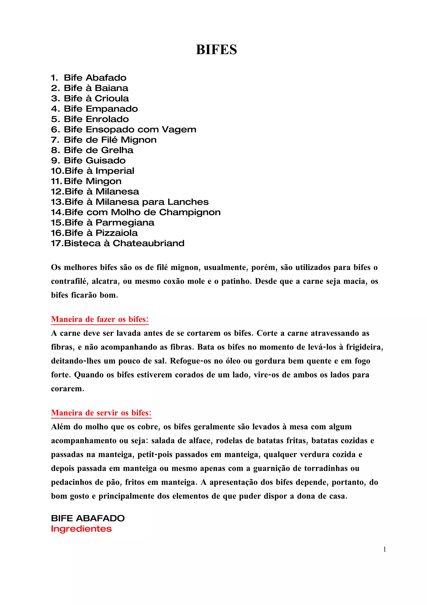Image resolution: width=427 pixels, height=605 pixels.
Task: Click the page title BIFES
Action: point(216,49)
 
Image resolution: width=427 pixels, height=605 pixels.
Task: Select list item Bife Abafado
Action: point(95,78)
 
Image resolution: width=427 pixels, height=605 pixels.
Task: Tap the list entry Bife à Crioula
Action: point(96,99)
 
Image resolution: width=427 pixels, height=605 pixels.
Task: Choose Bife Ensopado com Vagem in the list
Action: point(130,129)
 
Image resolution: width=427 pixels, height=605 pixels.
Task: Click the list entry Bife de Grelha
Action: point(99,150)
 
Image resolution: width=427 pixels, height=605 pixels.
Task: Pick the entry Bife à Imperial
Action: point(99,171)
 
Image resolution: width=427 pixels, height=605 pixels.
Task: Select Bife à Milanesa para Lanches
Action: point(137,202)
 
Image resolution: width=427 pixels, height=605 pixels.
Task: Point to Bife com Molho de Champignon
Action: point(142,212)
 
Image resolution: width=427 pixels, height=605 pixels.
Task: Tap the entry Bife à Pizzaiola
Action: point(101,233)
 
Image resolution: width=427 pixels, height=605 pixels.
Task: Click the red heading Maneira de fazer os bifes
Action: point(100,319)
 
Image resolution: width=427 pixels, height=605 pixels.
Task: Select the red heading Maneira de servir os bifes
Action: point(101,413)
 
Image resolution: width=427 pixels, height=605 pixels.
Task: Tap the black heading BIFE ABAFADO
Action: point(88,518)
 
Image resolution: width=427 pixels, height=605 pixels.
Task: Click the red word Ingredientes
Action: point(81,529)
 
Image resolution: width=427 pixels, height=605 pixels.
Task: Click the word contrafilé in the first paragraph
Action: point(69,281)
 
